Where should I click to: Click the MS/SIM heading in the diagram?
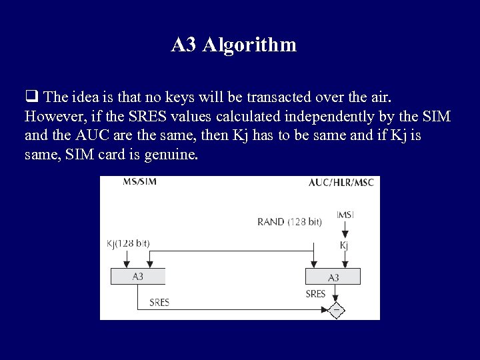[x=140, y=182]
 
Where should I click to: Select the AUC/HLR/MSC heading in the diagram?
[x=341, y=182]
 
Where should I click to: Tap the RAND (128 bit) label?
[x=289, y=221]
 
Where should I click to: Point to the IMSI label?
[x=345, y=215]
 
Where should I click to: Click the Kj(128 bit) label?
[x=128, y=243]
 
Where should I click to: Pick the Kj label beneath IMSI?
[x=344, y=245]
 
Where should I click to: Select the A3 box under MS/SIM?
[x=138, y=276]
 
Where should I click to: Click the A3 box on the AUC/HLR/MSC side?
[x=333, y=277]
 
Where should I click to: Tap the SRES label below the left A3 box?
[x=159, y=302]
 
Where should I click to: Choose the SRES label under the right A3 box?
[x=315, y=293]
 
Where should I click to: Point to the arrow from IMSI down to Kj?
[x=345, y=229]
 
